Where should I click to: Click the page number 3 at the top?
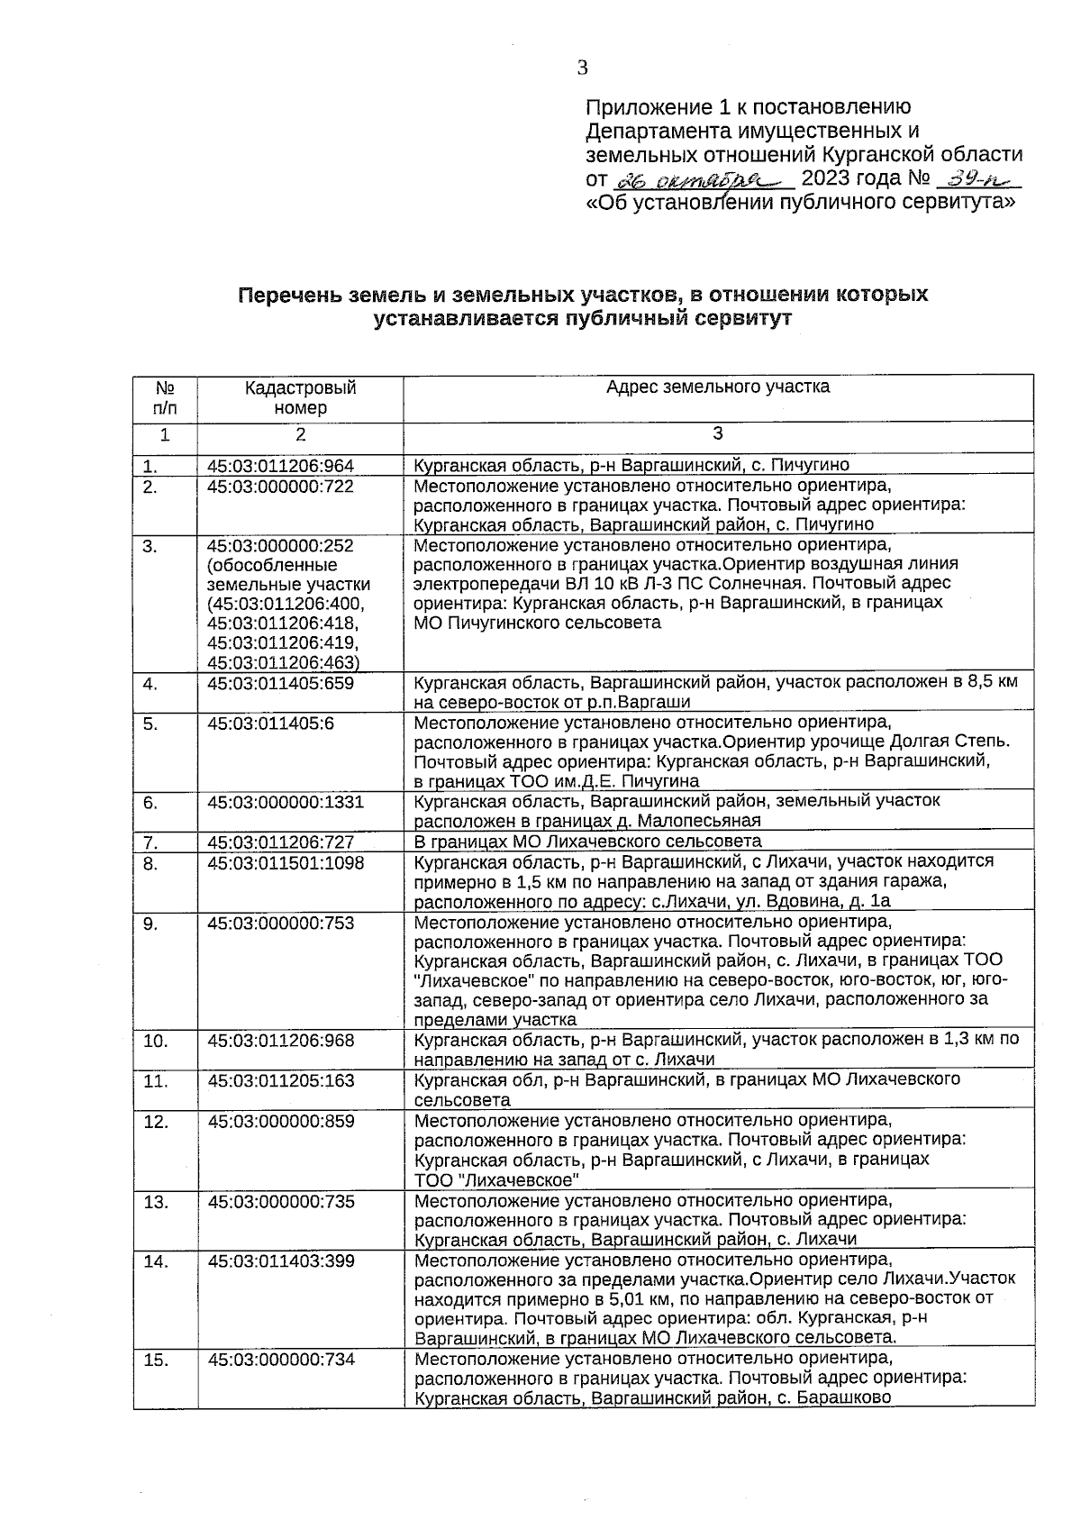point(583,68)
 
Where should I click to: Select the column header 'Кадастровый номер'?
point(300,397)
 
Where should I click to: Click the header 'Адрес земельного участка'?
point(717,387)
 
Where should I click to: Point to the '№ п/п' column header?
point(165,397)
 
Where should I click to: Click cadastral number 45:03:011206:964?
point(281,466)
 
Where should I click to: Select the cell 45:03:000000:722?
point(281,487)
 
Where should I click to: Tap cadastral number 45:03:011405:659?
point(281,683)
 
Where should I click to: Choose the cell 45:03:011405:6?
point(271,723)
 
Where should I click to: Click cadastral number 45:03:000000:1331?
point(286,801)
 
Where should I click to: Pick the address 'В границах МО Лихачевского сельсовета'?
point(587,842)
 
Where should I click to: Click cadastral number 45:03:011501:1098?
point(286,862)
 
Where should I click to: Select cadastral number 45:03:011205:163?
point(281,1080)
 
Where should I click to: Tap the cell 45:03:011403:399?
point(281,1261)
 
